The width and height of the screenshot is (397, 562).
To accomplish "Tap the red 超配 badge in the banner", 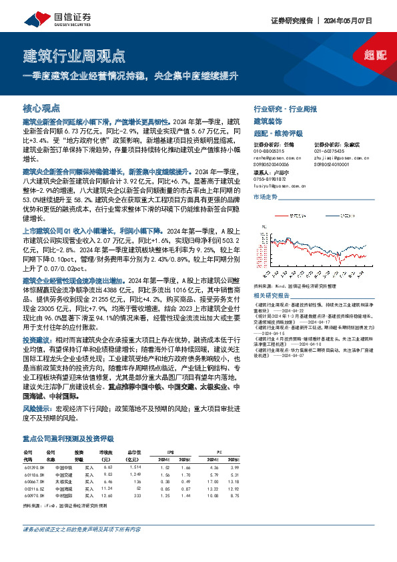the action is (376, 55).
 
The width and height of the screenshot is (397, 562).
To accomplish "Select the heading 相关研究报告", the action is (272, 294).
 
